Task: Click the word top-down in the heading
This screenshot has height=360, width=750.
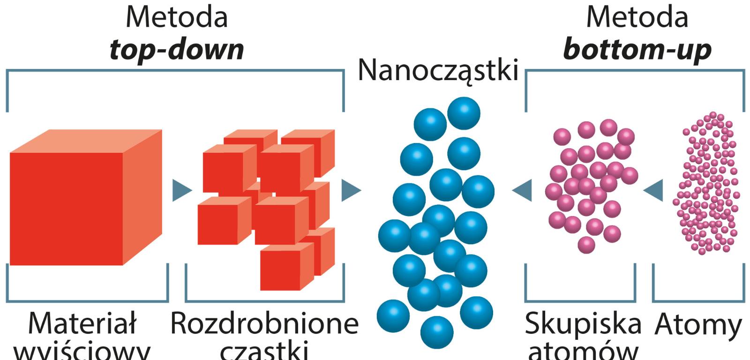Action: [x=177, y=49]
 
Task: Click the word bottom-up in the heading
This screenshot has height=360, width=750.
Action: [x=637, y=49]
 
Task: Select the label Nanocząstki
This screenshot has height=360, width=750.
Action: [x=439, y=70]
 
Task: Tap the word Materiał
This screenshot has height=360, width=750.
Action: [x=82, y=323]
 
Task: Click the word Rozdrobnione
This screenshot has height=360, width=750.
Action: [x=264, y=323]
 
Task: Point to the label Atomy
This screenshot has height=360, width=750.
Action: [x=699, y=323]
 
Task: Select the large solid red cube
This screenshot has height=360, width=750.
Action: [x=66, y=209]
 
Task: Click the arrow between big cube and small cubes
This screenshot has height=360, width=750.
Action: [x=181, y=190]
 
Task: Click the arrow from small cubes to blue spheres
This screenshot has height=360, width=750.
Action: [x=351, y=190]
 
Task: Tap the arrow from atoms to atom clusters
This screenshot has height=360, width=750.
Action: [x=654, y=190]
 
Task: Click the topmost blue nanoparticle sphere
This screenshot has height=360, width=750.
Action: [x=464, y=113]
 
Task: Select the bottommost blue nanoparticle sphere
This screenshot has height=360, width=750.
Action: [x=437, y=332]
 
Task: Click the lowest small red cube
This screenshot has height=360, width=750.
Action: [x=280, y=270]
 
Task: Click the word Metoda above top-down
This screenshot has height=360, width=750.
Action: [x=177, y=17]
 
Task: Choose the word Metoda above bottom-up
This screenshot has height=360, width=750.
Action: [x=637, y=17]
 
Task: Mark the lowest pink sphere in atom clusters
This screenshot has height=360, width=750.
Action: [x=586, y=244]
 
